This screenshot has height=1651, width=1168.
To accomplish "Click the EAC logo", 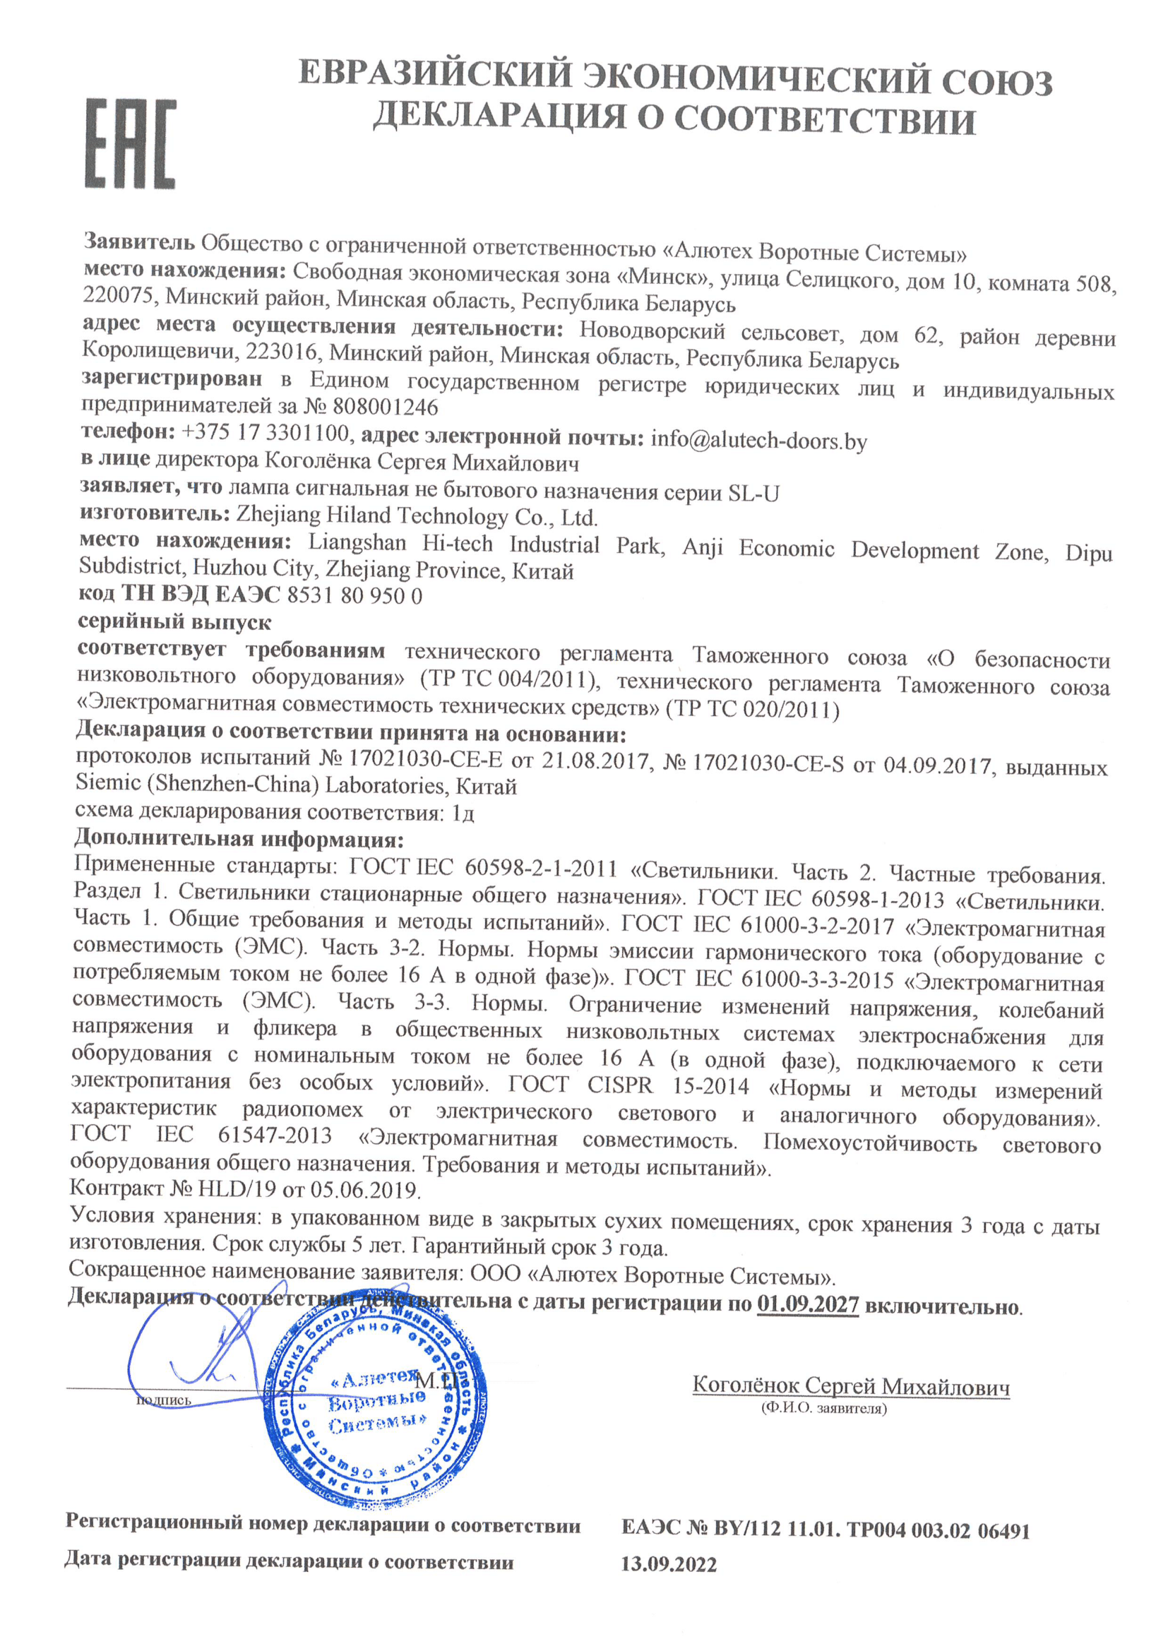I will pos(130,144).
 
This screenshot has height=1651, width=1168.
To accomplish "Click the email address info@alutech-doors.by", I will pos(758,440).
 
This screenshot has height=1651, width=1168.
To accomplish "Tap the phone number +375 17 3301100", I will pos(266,433).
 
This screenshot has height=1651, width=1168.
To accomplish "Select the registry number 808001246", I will pos(385,407).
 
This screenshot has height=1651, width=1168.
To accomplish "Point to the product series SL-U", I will pos(753,494).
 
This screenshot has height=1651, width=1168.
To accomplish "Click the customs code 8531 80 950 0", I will pos(354,595).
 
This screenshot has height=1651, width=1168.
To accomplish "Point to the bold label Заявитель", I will pos(139,241).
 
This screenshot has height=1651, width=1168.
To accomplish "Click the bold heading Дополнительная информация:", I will pos(239,838).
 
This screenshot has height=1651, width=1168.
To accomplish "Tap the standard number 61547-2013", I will pos(275,1136).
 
